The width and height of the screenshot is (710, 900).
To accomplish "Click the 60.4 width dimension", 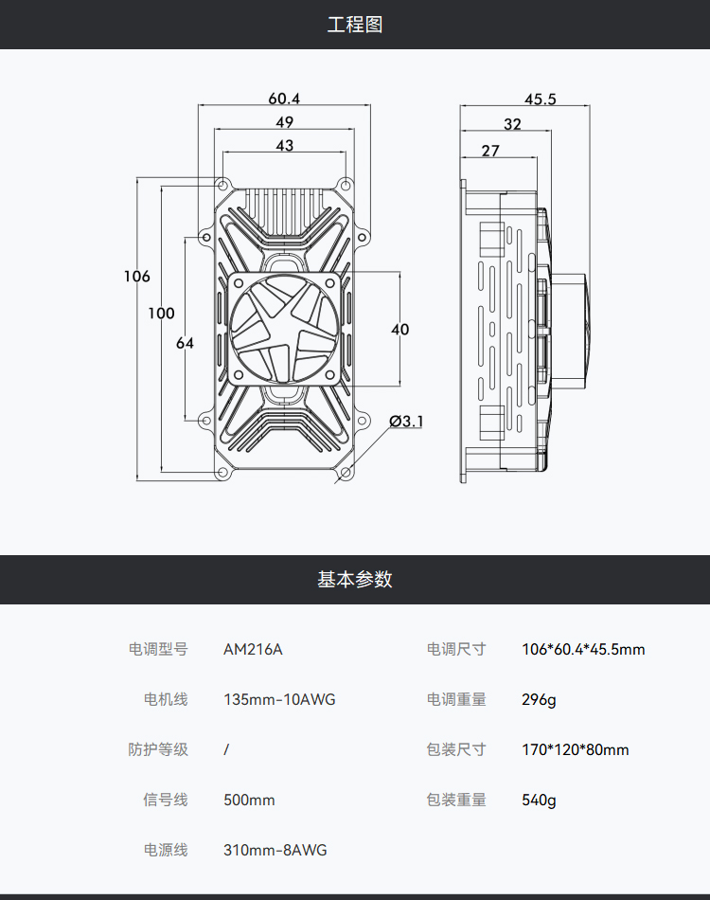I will (284, 99).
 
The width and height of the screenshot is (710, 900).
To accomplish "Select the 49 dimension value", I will (284, 122).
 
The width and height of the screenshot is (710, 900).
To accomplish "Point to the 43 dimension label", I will (284, 146).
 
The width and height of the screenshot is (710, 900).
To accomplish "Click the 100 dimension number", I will (161, 314).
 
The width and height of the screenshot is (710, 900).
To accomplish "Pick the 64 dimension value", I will (185, 343).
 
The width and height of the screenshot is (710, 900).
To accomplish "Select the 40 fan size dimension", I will (399, 330).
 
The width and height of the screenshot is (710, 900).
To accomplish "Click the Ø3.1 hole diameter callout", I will (406, 421).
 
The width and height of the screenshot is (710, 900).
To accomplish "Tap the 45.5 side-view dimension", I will (540, 99).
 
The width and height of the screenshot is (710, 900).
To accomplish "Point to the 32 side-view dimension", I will (512, 125).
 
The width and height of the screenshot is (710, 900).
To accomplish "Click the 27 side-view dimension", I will (490, 151).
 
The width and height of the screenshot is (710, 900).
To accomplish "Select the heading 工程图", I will (355, 25).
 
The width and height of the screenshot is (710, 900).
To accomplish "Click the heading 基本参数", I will (355, 580).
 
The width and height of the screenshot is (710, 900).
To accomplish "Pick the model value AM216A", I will (253, 650).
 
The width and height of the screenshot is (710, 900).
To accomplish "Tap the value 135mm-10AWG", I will (279, 700).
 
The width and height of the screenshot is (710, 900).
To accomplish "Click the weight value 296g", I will (539, 700).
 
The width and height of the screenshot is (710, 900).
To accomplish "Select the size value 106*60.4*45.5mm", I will (583, 650).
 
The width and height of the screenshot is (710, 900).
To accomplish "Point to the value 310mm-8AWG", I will (275, 851).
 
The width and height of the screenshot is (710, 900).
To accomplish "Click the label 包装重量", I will (456, 801).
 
